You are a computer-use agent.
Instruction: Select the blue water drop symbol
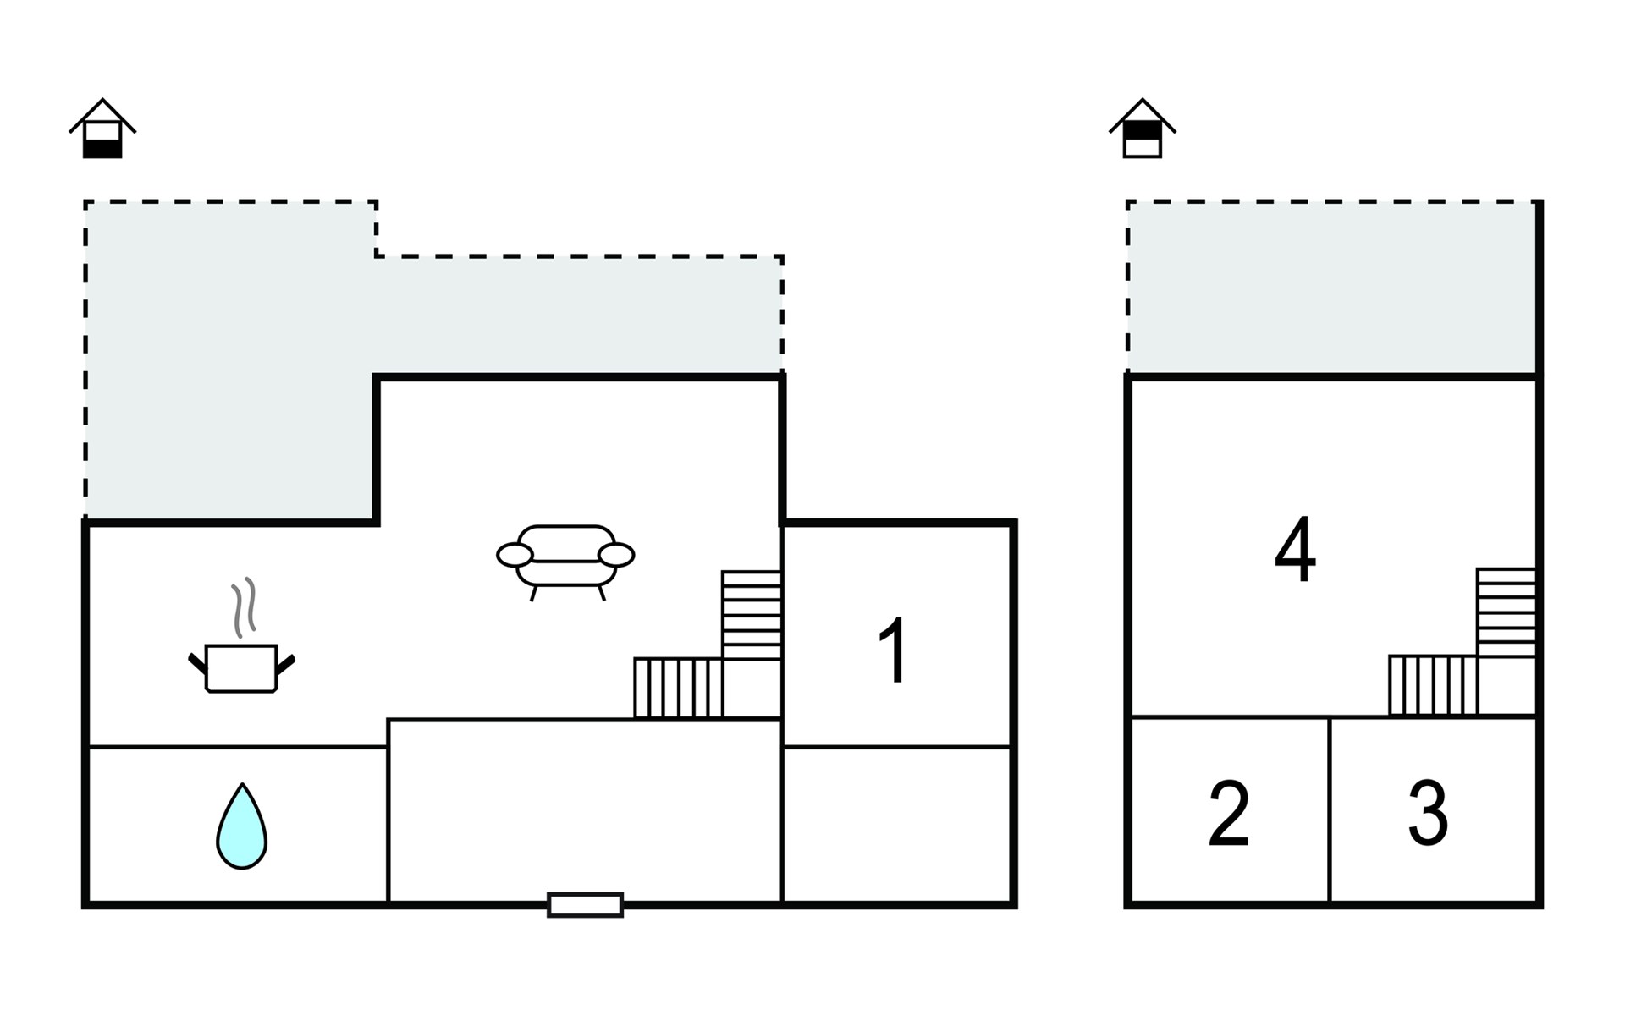click(x=242, y=826)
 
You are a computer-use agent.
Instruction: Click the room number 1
click(x=894, y=650)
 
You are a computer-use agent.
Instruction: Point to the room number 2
click(x=1229, y=813)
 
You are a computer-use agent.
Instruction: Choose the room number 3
click(x=1428, y=813)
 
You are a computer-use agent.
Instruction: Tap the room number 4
click(x=1295, y=550)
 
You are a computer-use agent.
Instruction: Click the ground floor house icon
click(x=102, y=128)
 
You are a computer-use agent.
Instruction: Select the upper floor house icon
click(x=1143, y=128)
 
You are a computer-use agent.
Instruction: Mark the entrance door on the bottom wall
click(x=585, y=905)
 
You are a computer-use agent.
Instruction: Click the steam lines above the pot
click(x=244, y=607)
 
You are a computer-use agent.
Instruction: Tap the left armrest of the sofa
click(x=515, y=555)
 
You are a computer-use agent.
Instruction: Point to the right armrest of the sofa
click(x=615, y=555)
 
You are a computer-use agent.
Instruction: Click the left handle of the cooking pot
click(x=197, y=663)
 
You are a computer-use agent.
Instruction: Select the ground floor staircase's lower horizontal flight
click(x=678, y=689)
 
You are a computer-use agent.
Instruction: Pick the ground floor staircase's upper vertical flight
click(x=752, y=615)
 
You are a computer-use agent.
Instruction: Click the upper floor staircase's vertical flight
click(x=1507, y=612)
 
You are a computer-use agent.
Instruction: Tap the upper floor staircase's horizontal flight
click(x=1433, y=685)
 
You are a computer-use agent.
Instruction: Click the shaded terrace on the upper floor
click(x=1332, y=288)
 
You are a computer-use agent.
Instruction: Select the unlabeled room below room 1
click(x=897, y=825)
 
